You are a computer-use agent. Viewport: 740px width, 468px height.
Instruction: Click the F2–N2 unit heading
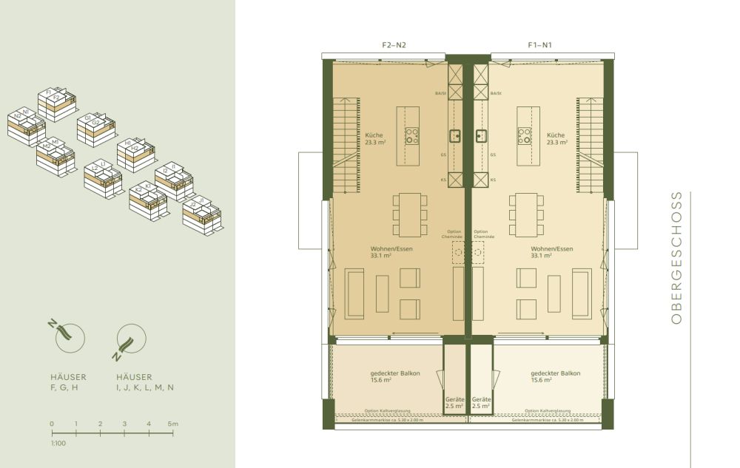click(x=394, y=45)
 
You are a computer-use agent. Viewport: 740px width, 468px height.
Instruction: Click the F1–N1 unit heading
click(x=539, y=45)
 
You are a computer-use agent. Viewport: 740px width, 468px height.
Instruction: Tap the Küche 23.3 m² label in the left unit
click(x=374, y=139)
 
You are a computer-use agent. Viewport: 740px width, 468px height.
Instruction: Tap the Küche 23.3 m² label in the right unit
click(x=556, y=139)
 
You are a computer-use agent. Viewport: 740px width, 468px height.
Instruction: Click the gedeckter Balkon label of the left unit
click(x=395, y=377)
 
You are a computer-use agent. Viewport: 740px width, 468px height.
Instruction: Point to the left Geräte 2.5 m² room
click(x=453, y=402)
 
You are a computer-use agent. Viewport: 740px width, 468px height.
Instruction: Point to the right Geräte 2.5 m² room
click(x=482, y=402)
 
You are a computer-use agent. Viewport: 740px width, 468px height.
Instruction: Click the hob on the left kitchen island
click(x=411, y=136)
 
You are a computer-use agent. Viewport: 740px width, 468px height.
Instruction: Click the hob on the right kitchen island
click(x=525, y=136)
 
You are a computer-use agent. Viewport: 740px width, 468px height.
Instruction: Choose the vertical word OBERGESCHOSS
click(x=676, y=258)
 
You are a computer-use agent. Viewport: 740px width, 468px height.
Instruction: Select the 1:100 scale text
click(x=56, y=443)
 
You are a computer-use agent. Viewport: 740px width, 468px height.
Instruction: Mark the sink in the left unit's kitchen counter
click(x=455, y=135)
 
